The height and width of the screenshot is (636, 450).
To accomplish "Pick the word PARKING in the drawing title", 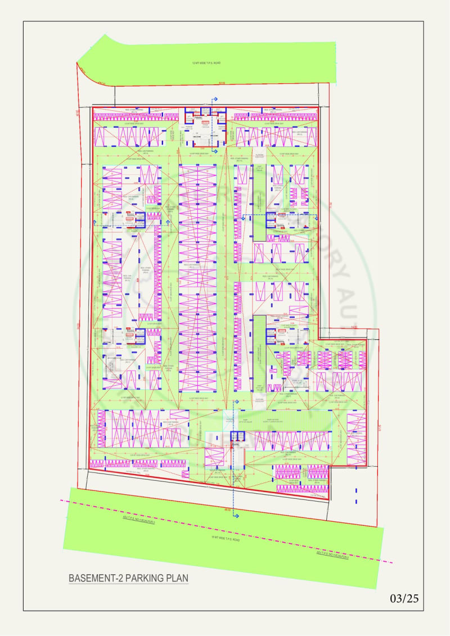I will click(135, 578).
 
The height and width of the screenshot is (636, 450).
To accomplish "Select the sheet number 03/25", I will click(404, 598).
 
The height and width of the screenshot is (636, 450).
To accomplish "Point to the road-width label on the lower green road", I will click(225, 539).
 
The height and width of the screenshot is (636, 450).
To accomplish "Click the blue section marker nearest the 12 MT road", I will click(214, 100).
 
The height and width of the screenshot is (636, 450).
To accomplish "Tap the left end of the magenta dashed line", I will click(61, 499).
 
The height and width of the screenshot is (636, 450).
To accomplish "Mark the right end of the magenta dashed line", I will click(392, 562).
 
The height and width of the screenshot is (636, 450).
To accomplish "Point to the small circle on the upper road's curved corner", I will click(103, 82).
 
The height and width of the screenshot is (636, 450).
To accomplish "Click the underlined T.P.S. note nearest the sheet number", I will click(332, 557).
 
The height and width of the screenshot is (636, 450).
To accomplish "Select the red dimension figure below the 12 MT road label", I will click(222, 84).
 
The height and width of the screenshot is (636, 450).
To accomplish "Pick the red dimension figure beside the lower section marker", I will click(227, 509).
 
